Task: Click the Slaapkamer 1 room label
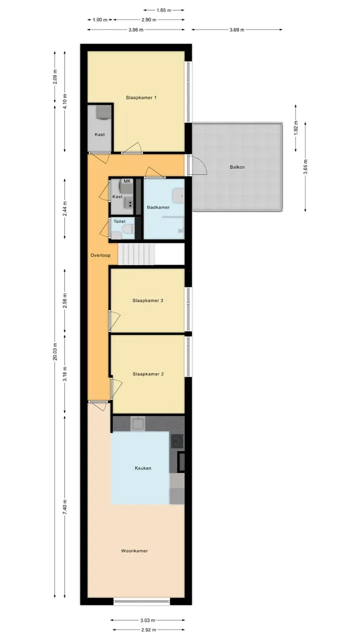141,97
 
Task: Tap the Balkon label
237,167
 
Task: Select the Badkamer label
158,207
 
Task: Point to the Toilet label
119,221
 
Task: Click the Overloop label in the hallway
100,255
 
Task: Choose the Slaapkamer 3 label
147,300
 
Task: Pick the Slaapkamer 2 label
148,374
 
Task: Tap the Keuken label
143,468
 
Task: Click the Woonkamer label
134,551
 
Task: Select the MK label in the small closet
127,181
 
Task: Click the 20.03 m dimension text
55,351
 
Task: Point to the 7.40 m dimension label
65,507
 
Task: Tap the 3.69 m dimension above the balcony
237,29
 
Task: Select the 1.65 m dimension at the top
163,10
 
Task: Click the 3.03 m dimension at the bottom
147,620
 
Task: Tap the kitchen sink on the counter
137,423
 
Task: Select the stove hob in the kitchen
177,441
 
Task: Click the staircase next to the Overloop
136,254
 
